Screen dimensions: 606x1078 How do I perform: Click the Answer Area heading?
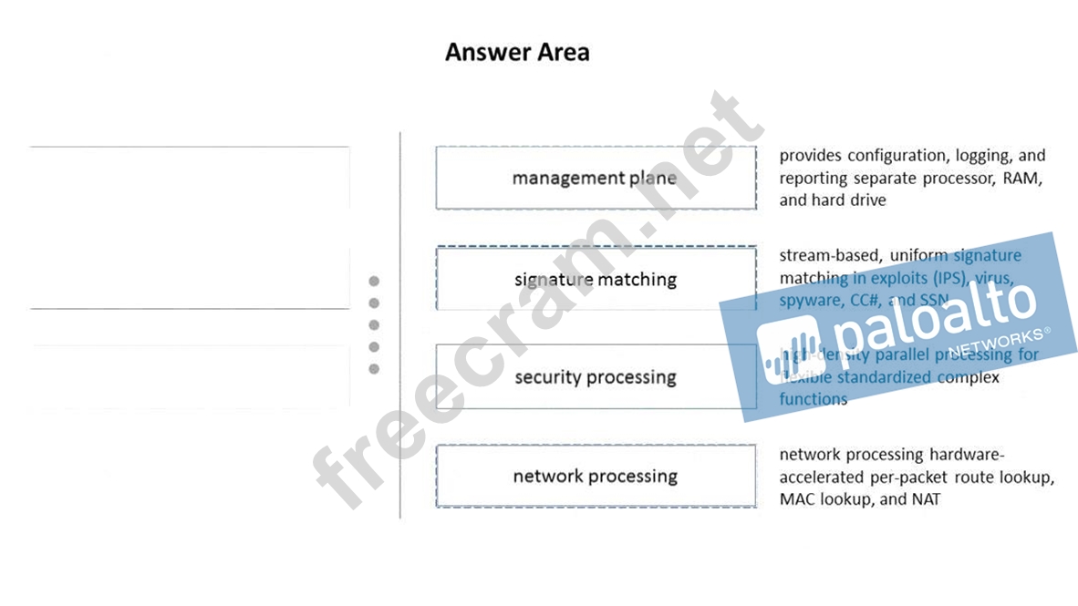517,53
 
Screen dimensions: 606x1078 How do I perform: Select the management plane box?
595,178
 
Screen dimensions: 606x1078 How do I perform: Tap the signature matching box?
595,279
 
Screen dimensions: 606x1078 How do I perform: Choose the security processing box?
595,377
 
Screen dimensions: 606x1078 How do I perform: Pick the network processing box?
595,476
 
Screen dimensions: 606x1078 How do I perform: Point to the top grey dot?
374,282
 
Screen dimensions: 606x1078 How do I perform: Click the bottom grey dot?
374,369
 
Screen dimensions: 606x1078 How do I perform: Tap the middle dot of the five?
374,325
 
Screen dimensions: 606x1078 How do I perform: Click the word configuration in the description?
883,156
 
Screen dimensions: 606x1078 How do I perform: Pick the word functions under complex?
813,399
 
